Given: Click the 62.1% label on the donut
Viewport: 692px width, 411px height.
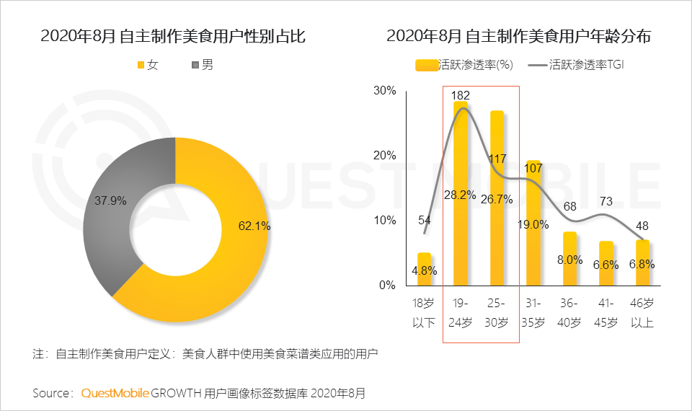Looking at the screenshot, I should click(254, 226).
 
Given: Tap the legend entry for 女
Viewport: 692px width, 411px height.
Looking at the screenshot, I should click(147, 66).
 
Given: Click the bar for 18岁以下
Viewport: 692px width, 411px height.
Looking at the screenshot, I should click(424, 269).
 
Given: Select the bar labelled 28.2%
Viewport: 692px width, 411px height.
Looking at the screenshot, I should click(461, 195).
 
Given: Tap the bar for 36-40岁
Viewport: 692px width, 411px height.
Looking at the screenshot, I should click(569, 260).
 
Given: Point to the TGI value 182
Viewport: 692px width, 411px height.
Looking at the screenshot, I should click(461, 94).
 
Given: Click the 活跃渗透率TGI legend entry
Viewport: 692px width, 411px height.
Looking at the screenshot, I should click(577, 65).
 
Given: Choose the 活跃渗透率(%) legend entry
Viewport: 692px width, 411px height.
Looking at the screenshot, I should click(465, 65).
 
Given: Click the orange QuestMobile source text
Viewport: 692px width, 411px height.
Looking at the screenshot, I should click(115, 393).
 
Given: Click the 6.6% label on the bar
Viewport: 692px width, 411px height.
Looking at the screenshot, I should click(606, 265).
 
